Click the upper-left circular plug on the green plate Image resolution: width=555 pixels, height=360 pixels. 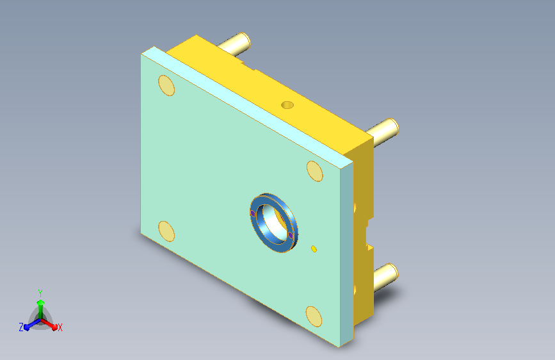pyautogui.click(x=166, y=85)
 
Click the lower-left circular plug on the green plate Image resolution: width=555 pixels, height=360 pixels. pyautogui.click(x=166, y=231)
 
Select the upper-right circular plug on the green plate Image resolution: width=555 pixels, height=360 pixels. pyautogui.click(x=315, y=171)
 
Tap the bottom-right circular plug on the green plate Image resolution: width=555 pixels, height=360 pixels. pyautogui.click(x=314, y=316)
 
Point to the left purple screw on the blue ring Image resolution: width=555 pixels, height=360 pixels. pyautogui.click(x=253, y=213)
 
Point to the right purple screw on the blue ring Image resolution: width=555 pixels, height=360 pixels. pyautogui.click(x=291, y=235)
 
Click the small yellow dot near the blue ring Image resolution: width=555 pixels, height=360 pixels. pyautogui.click(x=314, y=249)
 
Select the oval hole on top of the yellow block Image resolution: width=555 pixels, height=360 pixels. pyautogui.click(x=287, y=105)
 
